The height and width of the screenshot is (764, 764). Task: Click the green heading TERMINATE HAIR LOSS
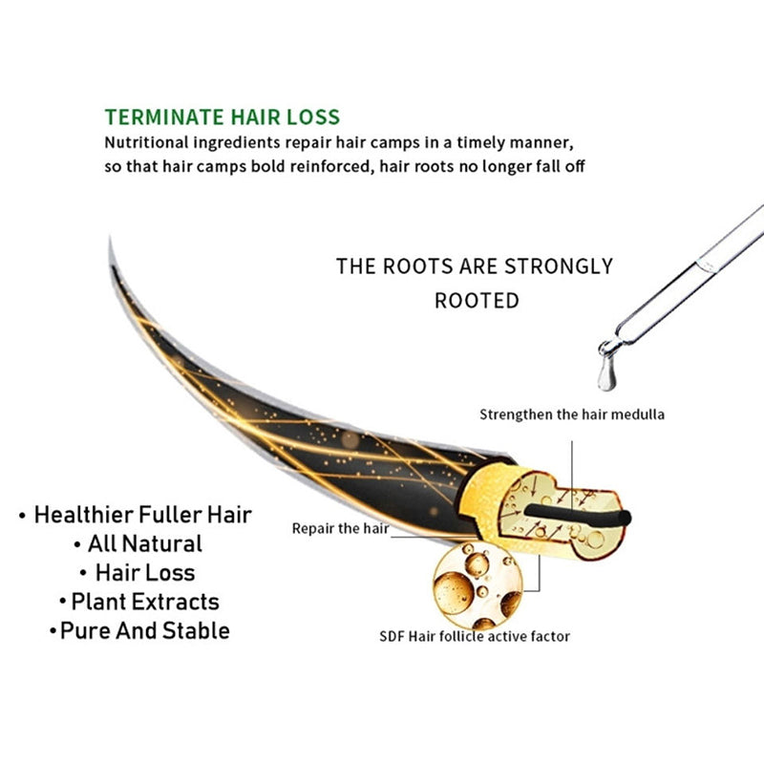coord(223,117)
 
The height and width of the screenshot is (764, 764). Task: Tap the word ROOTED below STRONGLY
coord(477,301)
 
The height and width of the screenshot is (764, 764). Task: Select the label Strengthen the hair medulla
coord(571,414)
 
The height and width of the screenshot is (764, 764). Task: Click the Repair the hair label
coord(340,529)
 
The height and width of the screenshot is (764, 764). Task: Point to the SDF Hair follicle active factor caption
coord(475,636)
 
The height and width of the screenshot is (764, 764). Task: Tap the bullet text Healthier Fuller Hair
coord(142,515)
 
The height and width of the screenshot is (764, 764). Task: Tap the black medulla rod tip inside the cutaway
coord(626,518)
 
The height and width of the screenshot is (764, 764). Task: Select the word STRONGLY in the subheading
coord(559,266)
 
